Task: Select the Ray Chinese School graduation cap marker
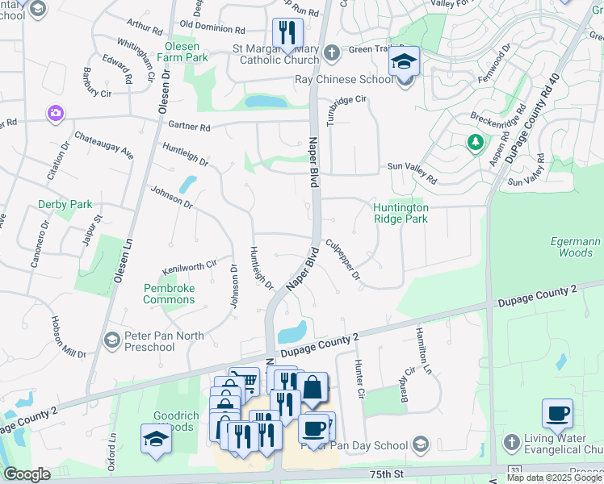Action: [404, 63]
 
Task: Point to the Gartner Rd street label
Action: [189, 127]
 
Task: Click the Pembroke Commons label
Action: [169, 294]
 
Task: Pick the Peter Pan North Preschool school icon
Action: [111, 340]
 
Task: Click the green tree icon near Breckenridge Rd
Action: [474, 143]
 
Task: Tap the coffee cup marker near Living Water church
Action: [557, 415]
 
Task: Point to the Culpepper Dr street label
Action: [343, 259]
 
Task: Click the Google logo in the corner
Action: [27, 474]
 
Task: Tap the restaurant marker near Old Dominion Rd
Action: [287, 34]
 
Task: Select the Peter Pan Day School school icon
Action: [420, 444]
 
